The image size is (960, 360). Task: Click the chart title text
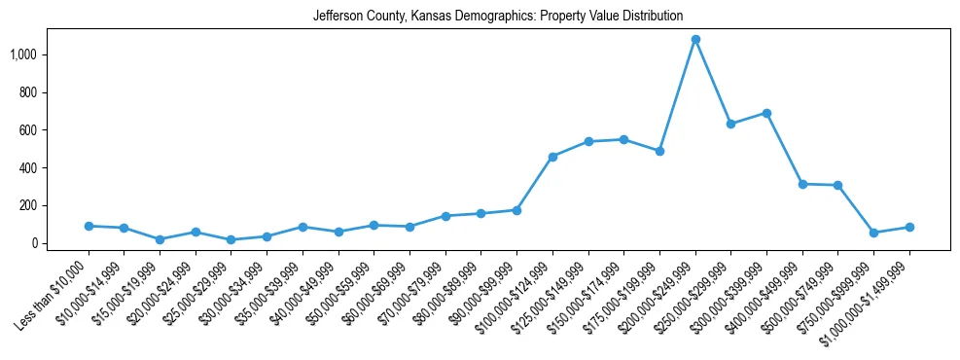coord(498,17)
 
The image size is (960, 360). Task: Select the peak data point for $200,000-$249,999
coord(695,40)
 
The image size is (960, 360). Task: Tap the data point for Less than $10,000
coord(89,226)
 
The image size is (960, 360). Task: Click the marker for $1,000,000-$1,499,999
coord(909,227)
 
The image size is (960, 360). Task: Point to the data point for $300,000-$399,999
coord(766,113)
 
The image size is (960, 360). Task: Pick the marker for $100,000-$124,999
coord(552,157)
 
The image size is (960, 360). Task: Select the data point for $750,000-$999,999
coord(873,233)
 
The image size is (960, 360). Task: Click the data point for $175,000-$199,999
coord(659,151)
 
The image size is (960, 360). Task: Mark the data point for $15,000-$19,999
coord(160,239)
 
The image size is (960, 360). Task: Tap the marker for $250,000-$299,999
coord(730,124)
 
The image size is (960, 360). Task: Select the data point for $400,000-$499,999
coord(802,184)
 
